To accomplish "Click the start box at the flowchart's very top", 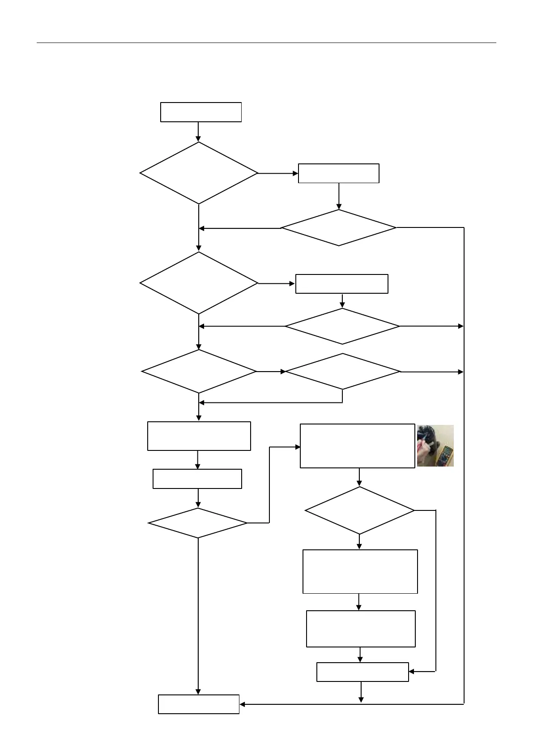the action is pyautogui.click(x=201, y=112).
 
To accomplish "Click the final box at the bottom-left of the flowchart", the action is pyautogui.click(x=199, y=704).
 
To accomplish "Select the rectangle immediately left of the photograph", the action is pyautogui.click(x=357, y=446).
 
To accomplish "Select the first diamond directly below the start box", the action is pyautogui.click(x=199, y=173).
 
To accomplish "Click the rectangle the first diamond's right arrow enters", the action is pyautogui.click(x=338, y=173).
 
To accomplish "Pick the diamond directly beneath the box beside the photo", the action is pyautogui.click(x=359, y=510).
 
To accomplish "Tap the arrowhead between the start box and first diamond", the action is pyautogui.click(x=198, y=138).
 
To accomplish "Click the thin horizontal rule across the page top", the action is pyautogui.click(x=266, y=43).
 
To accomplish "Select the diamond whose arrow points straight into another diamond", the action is pyautogui.click(x=199, y=371).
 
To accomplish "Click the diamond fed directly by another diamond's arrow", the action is pyautogui.click(x=343, y=371).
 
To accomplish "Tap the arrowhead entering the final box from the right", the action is pyautogui.click(x=243, y=704).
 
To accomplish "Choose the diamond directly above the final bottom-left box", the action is pyautogui.click(x=198, y=523).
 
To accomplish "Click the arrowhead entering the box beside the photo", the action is pyautogui.click(x=297, y=447).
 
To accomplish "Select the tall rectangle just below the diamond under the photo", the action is pyautogui.click(x=360, y=571).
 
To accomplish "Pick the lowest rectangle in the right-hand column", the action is pyautogui.click(x=362, y=672).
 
